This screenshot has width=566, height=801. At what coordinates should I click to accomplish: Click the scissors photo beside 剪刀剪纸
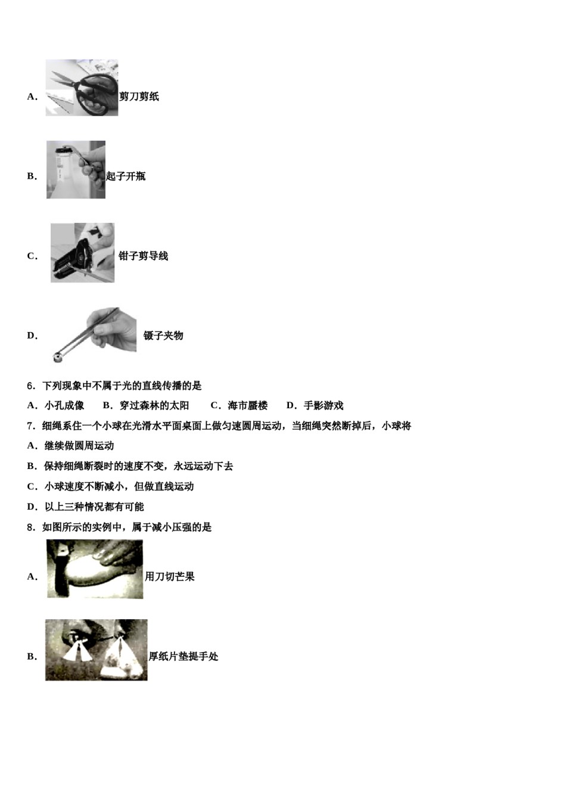click(x=82, y=88)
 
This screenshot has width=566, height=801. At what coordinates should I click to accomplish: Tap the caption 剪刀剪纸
click(x=139, y=97)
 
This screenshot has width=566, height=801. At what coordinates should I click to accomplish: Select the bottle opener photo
click(x=76, y=170)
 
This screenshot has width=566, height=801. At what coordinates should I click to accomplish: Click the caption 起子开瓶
click(x=126, y=176)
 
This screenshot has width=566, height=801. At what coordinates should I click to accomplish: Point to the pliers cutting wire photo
click(x=82, y=253)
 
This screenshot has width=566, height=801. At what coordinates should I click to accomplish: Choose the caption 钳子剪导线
click(x=143, y=256)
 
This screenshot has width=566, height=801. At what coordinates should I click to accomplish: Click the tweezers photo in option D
click(x=95, y=334)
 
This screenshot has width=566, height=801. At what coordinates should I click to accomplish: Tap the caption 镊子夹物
click(x=163, y=336)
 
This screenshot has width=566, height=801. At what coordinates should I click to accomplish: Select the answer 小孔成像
click(x=64, y=406)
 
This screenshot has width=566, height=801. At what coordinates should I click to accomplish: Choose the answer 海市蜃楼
click(x=247, y=406)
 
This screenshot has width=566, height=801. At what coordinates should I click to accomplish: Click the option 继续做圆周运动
click(x=79, y=446)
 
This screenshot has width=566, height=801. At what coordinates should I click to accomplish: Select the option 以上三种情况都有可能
click(x=94, y=507)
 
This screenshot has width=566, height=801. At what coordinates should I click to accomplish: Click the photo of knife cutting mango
click(x=95, y=569)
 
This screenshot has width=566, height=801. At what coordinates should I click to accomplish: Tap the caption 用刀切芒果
click(x=170, y=577)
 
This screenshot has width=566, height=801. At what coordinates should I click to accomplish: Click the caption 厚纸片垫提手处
click(x=183, y=657)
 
